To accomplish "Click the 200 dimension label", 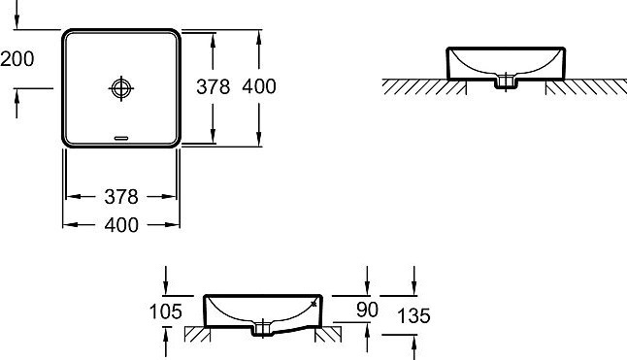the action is [x=17, y=59].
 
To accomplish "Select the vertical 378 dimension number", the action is [x=214, y=86].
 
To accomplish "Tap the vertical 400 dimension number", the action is [x=259, y=86].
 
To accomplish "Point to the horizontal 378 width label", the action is [x=121, y=197].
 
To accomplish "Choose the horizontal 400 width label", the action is [x=121, y=225].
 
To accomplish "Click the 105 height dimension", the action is [x=166, y=311].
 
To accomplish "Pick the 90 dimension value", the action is [x=367, y=310].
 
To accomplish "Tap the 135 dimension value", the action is [x=413, y=315].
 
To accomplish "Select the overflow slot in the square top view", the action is [x=121, y=138].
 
